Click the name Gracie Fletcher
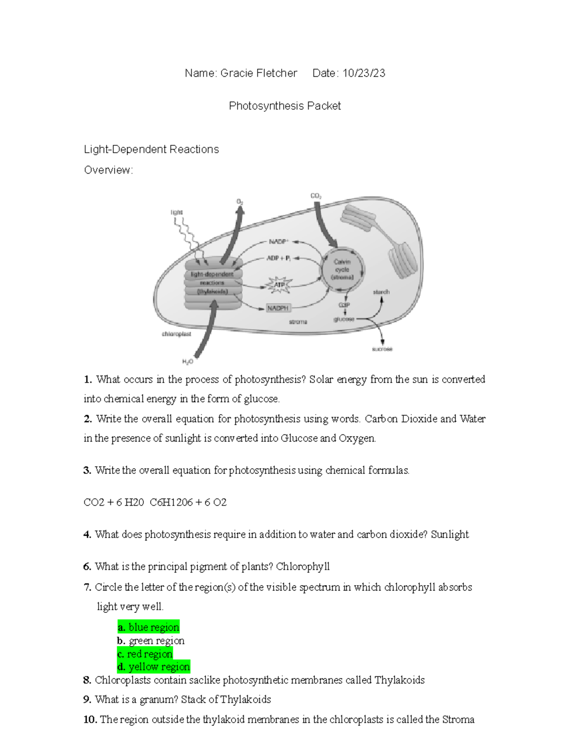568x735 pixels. coord(258,73)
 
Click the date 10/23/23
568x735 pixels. coord(364,73)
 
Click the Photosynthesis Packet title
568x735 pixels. coord(284,106)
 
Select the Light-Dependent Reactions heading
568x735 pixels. coord(151,150)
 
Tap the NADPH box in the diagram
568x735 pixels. coord(277,308)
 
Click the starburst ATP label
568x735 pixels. coord(279,285)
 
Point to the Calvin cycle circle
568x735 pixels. coord(342,269)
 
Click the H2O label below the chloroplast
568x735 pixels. coord(187,362)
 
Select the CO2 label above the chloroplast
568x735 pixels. coord(316,196)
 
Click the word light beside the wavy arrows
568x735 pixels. coord(177,213)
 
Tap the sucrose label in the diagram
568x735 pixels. coord(382,349)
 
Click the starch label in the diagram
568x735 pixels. coord(381,292)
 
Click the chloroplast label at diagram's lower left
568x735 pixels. coord(177,334)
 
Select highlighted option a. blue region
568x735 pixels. coord(149,627)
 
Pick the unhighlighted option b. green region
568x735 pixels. coord(151,641)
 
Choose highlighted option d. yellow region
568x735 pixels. coord(154,667)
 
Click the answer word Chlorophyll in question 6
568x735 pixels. coord(302,567)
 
